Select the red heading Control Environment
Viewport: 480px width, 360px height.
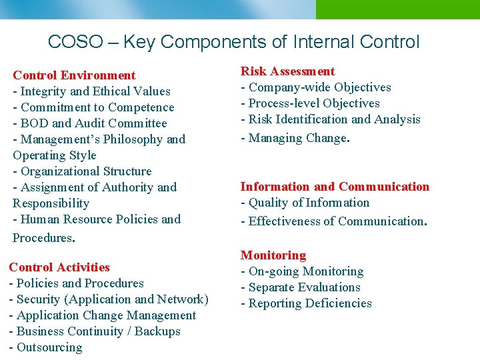[74, 75]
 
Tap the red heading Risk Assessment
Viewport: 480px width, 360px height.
[287, 71]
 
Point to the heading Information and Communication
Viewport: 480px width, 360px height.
[335, 187]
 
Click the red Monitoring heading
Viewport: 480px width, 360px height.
[273, 255]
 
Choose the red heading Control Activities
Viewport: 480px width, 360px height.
[59, 267]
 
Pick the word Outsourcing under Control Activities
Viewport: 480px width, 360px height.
[49, 347]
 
